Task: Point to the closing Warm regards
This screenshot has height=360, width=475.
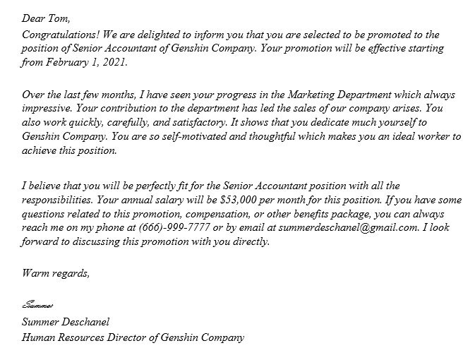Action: tap(56, 273)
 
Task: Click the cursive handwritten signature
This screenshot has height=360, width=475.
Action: tap(38, 306)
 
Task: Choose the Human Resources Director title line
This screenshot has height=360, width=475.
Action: tap(133, 337)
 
